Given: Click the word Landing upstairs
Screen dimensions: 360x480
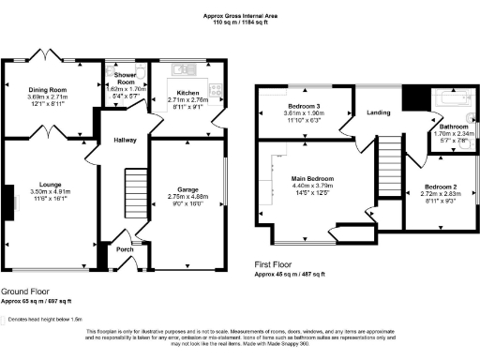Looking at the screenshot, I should (379, 114).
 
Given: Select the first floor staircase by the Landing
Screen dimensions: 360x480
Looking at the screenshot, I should (386, 163).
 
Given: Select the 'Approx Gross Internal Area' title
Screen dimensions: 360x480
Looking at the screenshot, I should (240, 15).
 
